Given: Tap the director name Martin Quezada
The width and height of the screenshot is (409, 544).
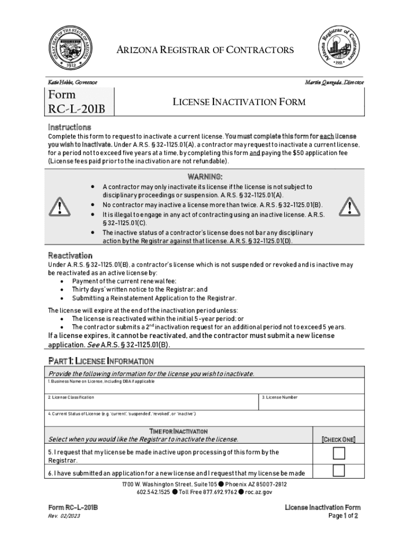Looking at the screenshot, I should tap(334, 82).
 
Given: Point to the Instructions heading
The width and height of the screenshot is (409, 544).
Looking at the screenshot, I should tap(70, 127).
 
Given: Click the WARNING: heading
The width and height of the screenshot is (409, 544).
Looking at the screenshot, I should tap(204, 176).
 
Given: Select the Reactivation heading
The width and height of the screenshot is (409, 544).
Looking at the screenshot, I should tap(70, 256).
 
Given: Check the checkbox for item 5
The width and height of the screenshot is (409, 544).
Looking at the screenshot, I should tap(338, 453).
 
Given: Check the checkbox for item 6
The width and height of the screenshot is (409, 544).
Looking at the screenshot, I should tap(338, 470).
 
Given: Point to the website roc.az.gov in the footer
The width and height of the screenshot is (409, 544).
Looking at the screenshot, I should tap(259, 492).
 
